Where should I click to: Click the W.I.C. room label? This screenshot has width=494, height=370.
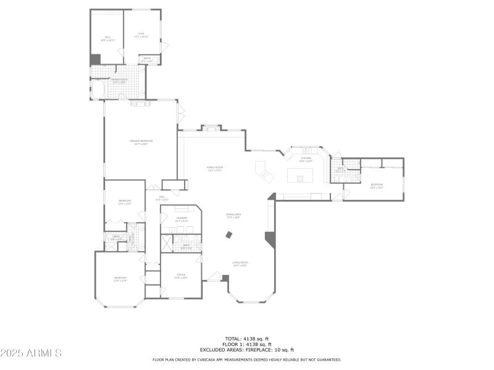click(107, 38)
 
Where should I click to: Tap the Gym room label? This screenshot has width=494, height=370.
click(142, 36)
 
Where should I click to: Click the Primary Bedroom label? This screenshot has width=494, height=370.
click(141, 142)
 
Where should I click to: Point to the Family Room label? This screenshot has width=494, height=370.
click(214, 169)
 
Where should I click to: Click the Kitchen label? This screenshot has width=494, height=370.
click(306, 160)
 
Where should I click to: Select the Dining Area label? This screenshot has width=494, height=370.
click(233, 216)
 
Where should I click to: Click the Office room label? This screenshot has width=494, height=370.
click(181, 276)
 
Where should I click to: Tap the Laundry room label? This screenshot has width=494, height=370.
click(182, 219)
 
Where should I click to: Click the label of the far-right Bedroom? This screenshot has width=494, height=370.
click(377, 186)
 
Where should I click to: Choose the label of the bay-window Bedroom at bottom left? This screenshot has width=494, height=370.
click(120, 279)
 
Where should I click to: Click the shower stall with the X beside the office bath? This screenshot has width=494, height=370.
click(167, 243)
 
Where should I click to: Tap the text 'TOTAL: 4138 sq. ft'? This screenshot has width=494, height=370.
click(246, 339)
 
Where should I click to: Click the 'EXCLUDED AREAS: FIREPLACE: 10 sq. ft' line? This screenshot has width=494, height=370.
click(246, 350)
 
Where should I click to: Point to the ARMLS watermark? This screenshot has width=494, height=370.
click(31, 353)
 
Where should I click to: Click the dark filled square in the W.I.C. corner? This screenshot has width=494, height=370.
click(95, 59)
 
